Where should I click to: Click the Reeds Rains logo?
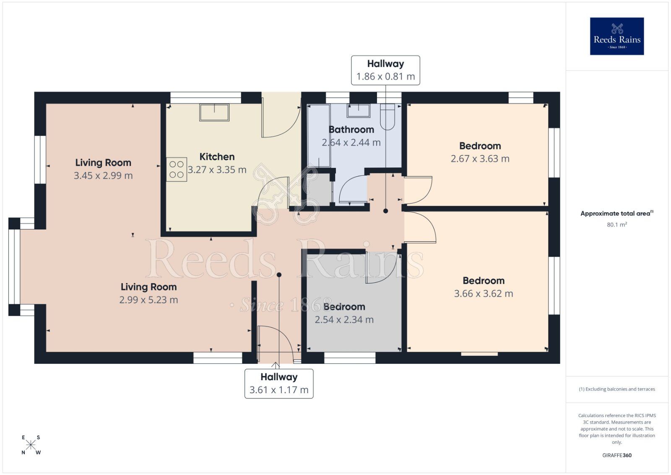[616, 36]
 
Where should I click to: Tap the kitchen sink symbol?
[214, 112]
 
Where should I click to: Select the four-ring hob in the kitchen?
[177, 170]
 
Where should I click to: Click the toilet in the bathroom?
[387, 117]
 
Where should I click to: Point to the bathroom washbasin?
[358, 111]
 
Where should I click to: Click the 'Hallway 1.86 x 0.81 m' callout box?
[385, 70]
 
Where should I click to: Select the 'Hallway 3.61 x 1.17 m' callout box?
[279, 384]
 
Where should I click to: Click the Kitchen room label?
[217, 157]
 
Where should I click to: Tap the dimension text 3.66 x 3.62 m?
[484, 294]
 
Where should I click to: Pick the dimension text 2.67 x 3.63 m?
[480, 159]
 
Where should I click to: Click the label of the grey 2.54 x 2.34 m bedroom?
[344, 307]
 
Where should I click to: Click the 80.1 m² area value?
[616, 224]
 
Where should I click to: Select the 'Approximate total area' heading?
[616, 214]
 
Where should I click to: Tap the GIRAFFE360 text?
[616, 455]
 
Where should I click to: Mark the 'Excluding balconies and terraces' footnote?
[616, 389]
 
